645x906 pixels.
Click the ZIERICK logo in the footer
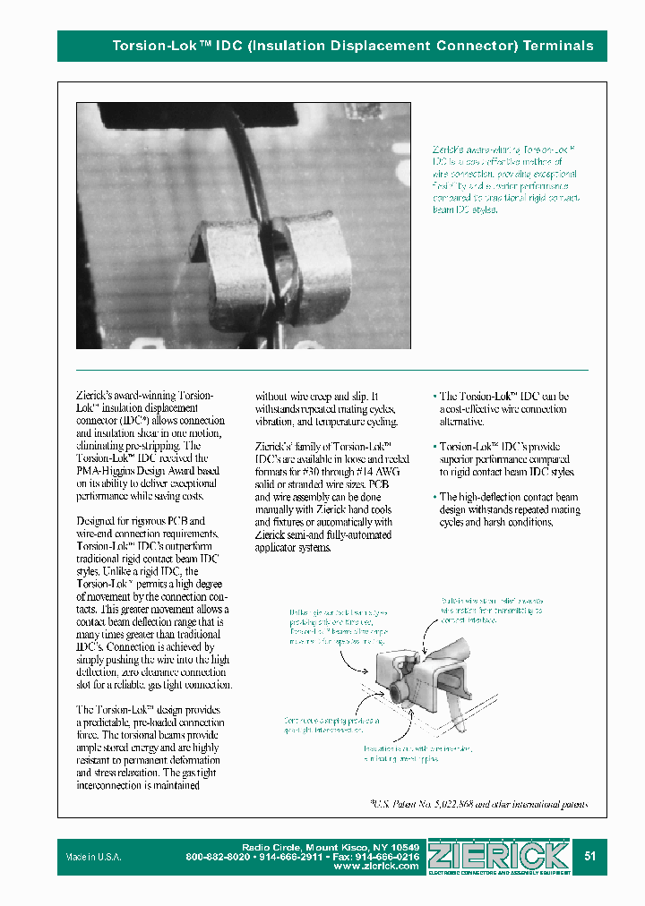click(499, 855)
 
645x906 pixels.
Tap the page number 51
click(589, 856)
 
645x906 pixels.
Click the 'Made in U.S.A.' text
click(93, 857)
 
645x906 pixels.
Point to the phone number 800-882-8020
click(218, 857)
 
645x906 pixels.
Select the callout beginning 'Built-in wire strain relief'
click(491, 609)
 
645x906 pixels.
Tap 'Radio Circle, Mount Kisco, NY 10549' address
click(331, 847)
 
